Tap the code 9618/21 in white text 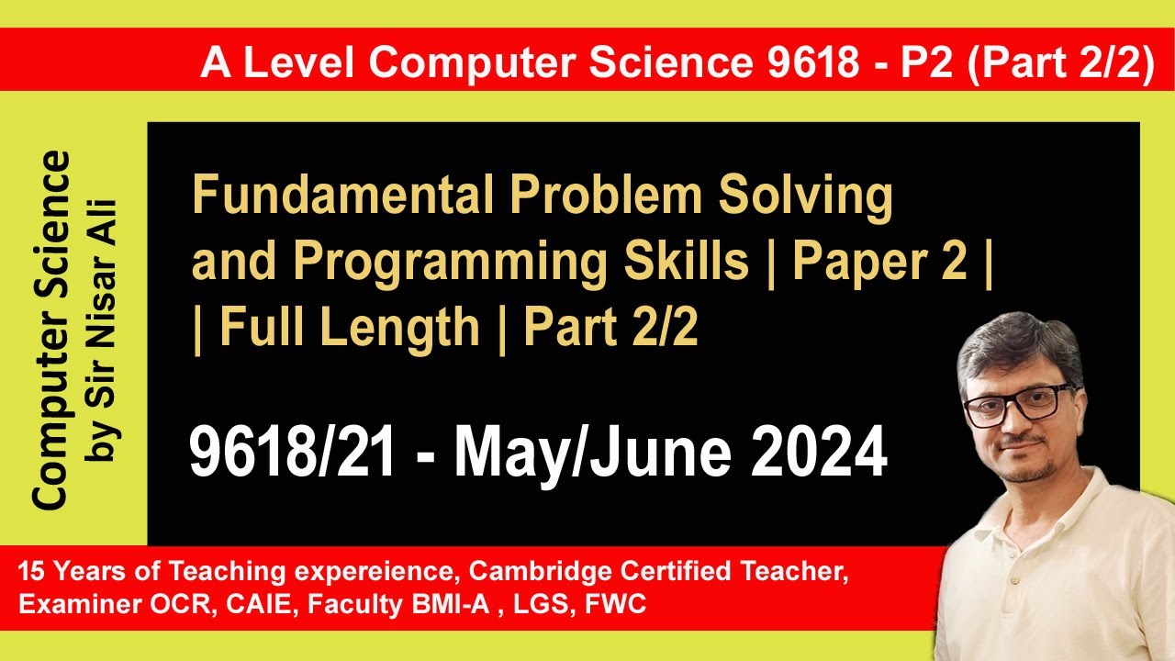coord(292,454)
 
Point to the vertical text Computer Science coord(51,330)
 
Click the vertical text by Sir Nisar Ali coord(104,330)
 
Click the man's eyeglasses coord(1017,405)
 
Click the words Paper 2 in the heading coord(880,263)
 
